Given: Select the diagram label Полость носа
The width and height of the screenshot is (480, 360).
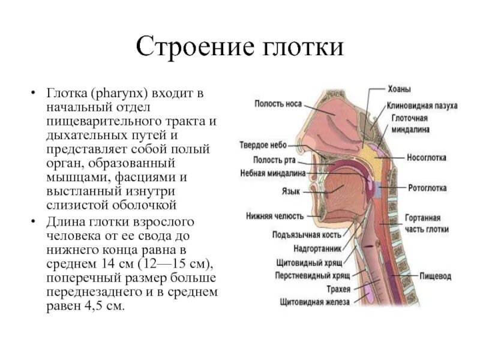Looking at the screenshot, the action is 277,103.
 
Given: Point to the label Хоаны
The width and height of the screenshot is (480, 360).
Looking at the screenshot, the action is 399,89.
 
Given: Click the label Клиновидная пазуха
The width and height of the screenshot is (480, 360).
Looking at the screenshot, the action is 422,106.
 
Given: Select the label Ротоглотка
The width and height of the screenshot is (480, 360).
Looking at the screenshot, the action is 427,188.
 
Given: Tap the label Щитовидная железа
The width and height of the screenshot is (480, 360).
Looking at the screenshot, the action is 314,302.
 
